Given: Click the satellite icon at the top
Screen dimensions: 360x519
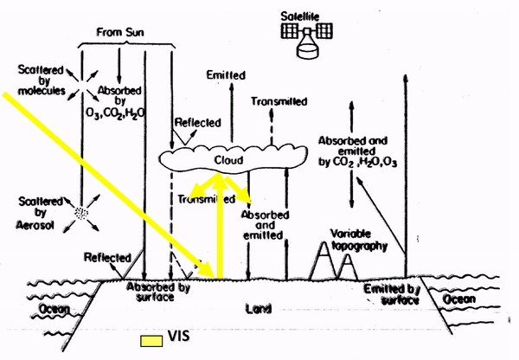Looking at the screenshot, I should coord(307,38).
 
